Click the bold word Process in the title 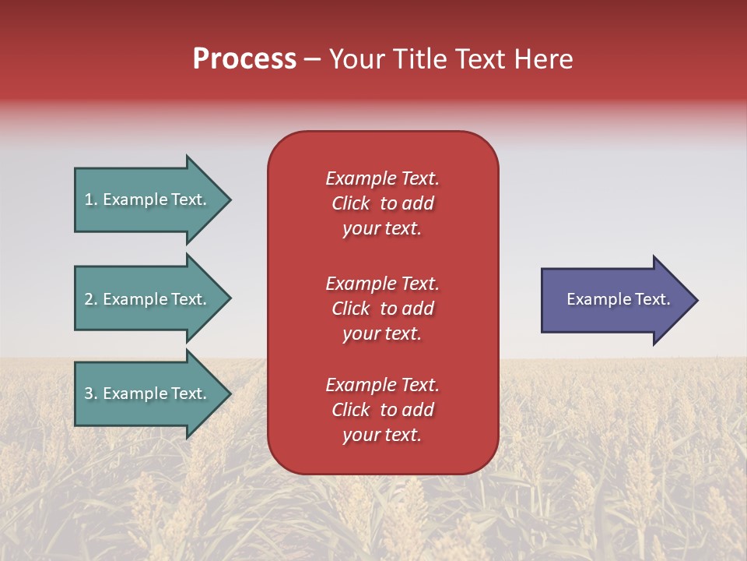(x=244, y=59)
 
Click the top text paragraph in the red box (x=382, y=203)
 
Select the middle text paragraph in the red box (x=382, y=309)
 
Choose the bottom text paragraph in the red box (x=382, y=410)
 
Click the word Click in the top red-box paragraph (x=350, y=203)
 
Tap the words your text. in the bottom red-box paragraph (x=382, y=435)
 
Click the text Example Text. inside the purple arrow (x=618, y=299)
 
